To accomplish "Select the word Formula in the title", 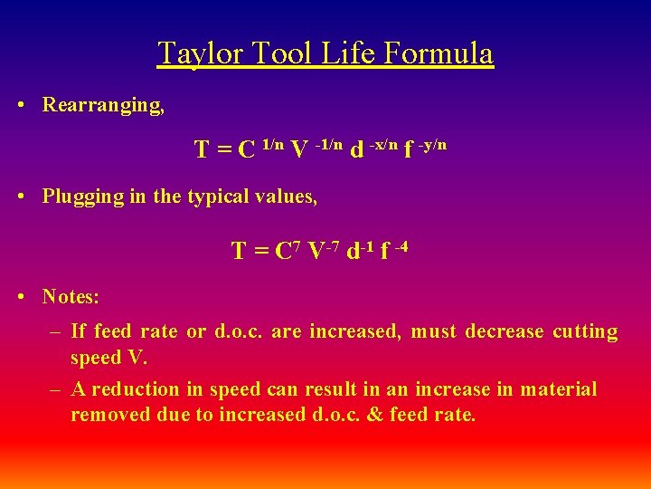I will point(439,53).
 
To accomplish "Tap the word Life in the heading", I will point(350,53).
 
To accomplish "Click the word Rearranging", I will point(103,105).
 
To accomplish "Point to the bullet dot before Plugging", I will point(21,197).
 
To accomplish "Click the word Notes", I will point(71,296).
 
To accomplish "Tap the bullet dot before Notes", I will point(21,296).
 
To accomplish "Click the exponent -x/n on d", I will point(382,144).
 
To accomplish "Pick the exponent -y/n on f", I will point(432,144).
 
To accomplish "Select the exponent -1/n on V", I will point(328,144).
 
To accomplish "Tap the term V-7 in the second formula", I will point(323,251).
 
